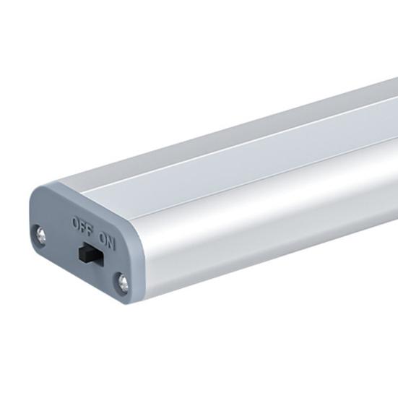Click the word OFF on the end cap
click(83, 225)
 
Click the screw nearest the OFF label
click(41, 234)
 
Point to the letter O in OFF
click(76, 222)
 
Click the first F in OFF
click(82, 225)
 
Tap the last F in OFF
click(90, 228)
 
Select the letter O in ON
click(103, 238)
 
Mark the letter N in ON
click(112, 243)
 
